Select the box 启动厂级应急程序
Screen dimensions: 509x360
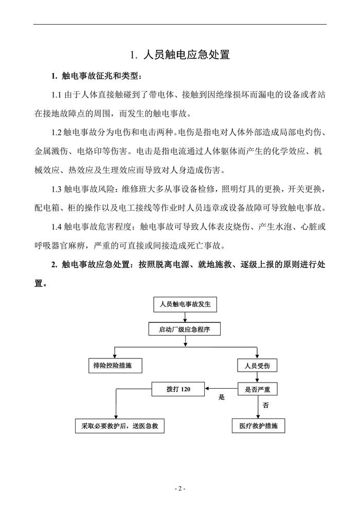coord(185,330)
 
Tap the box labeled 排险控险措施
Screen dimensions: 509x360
coord(114,366)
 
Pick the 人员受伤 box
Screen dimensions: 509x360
coord(257,366)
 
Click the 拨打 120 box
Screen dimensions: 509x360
coord(178,390)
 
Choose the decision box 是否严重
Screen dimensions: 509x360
coord(257,390)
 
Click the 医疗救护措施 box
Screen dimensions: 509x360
coord(258,426)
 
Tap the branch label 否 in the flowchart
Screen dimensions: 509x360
coord(265,405)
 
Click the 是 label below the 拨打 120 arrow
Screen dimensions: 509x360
coord(222,397)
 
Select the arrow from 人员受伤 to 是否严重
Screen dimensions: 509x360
coord(257,377)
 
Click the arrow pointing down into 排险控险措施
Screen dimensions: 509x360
coord(114,353)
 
